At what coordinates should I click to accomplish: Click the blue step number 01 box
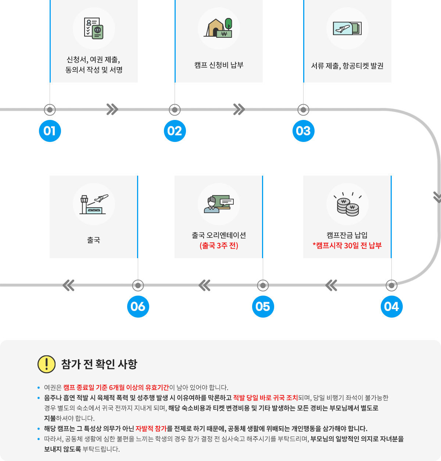50,131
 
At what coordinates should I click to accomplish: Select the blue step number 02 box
175,131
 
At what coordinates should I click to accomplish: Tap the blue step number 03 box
303,131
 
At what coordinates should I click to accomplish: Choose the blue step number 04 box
391,306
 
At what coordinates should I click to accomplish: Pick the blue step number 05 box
263,306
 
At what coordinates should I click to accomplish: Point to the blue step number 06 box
138,306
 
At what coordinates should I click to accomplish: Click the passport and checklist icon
94,29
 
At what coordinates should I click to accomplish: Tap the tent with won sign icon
219,28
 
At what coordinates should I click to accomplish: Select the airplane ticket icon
347,28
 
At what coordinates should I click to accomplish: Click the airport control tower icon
94,204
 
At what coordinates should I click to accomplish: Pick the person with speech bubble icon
219,204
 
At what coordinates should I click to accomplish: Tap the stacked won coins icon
347,205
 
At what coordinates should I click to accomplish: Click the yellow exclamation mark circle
47,364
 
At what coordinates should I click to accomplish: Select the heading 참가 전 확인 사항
99,364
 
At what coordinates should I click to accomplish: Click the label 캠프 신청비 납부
219,65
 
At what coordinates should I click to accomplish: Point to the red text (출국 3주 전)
219,246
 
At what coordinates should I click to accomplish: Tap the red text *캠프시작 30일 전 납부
347,246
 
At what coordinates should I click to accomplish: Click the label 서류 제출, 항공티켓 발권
347,66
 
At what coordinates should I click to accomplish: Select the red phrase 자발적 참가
151,428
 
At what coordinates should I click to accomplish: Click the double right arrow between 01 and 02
112,109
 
